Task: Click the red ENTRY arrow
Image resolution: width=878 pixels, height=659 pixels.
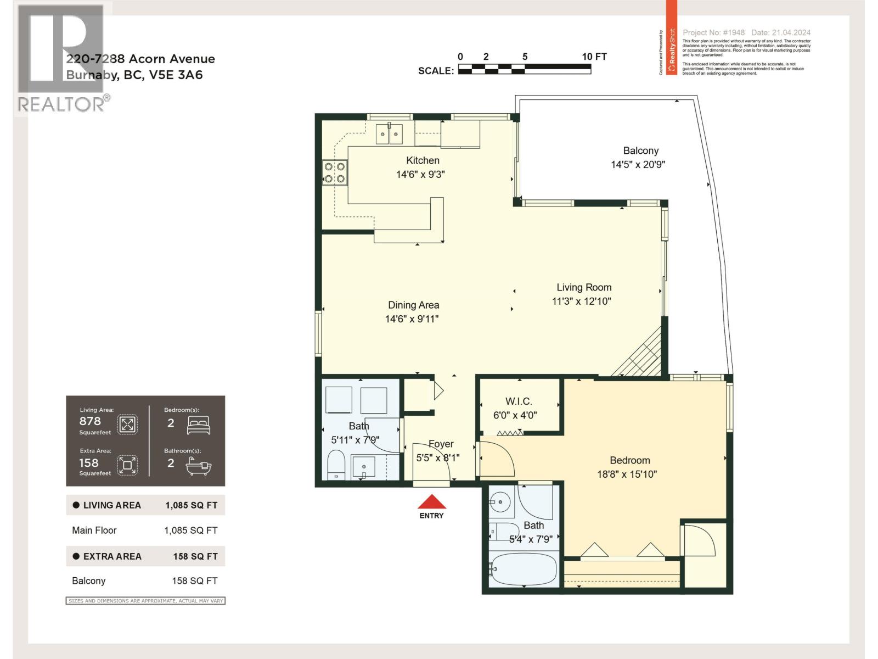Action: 432,502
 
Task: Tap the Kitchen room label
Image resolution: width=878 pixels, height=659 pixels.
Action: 423,160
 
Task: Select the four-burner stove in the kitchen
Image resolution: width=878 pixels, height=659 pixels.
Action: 334,172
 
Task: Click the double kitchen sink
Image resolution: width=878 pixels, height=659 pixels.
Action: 389,134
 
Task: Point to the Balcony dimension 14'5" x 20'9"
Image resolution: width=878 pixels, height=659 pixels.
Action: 638,164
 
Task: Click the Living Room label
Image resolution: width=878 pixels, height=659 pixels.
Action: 583,287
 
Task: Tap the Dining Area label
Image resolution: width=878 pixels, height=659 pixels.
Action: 413,305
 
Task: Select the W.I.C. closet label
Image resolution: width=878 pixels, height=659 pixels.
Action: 518,401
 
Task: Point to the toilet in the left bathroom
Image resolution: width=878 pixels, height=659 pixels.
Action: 335,465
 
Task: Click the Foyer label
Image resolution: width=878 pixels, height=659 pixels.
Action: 441,444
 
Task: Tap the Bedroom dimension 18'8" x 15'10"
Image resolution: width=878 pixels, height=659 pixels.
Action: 627,474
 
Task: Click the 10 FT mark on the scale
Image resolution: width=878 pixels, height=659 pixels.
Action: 594,57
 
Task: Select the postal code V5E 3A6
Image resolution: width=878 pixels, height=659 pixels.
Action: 176,75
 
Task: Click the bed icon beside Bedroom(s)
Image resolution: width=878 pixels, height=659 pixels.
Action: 198,425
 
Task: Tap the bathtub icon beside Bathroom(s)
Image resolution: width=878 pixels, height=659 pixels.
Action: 198,466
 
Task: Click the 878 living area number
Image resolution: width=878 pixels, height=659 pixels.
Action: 90,421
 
